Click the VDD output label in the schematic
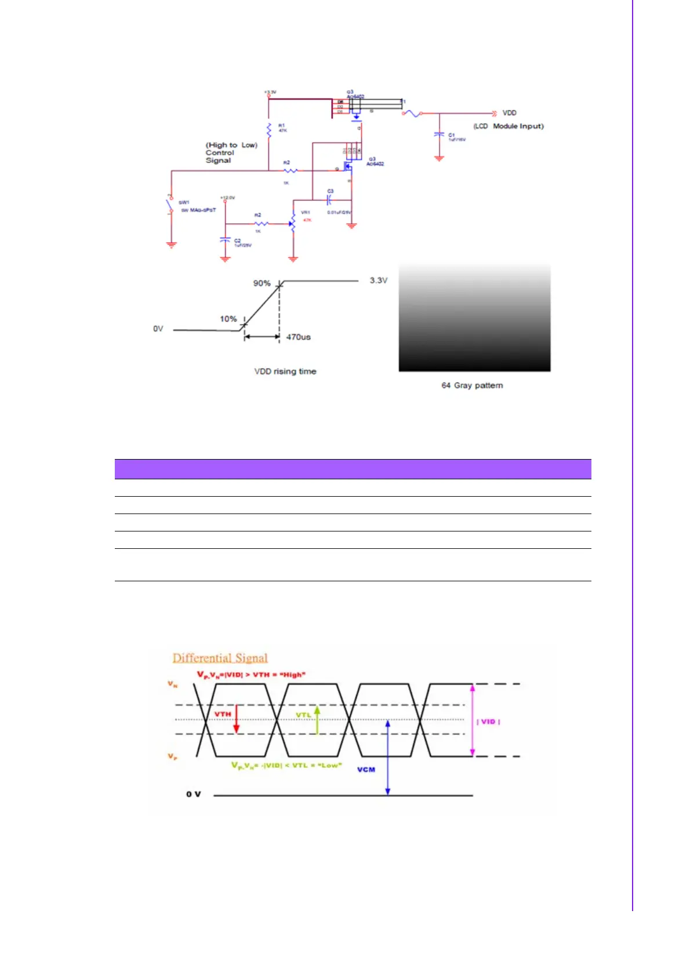click(509, 113)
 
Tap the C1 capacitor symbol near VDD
click(439, 134)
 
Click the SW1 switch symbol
click(170, 205)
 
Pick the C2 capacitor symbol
click(226, 239)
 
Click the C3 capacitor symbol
click(328, 200)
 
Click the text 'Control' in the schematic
click(220, 153)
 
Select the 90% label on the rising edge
click(262, 283)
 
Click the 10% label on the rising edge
click(228, 319)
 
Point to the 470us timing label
click(298, 337)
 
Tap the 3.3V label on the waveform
click(379, 281)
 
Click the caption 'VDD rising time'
click(285, 372)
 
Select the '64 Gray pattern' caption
click(472, 385)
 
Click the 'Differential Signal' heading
click(220, 658)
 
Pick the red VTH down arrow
click(236, 720)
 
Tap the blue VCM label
click(366, 770)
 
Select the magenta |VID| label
click(488, 722)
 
